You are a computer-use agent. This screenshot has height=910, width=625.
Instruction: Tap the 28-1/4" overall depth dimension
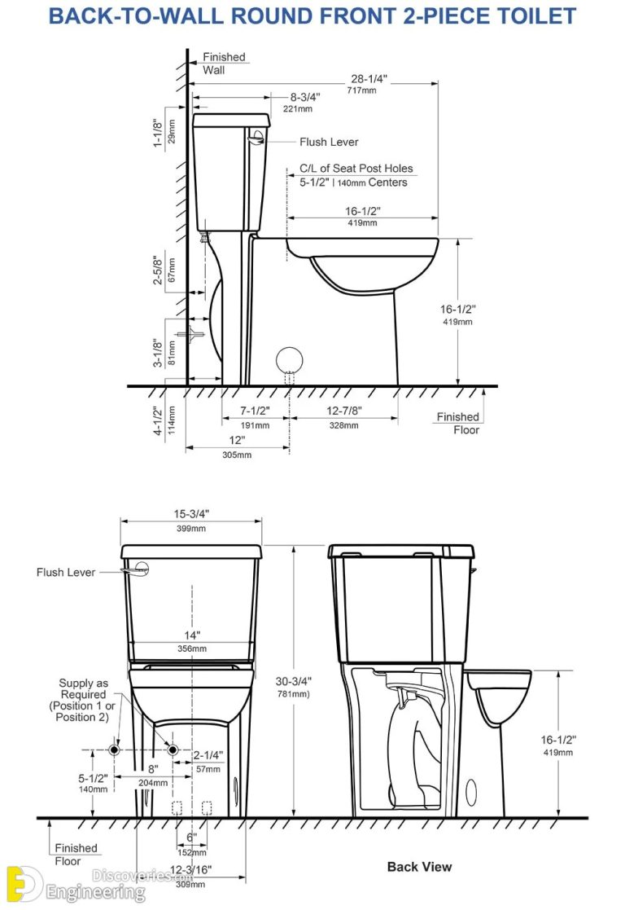(368, 79)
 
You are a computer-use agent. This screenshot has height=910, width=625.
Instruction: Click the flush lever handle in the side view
(258, 138)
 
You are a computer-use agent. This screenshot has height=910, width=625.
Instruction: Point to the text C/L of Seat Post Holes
(356, 169)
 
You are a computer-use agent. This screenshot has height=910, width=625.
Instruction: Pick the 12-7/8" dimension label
(343, 411)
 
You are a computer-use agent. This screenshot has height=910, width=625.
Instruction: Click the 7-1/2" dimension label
(255, 411)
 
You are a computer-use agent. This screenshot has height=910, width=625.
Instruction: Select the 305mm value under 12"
(237, 455)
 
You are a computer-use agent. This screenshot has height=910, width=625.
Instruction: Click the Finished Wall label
(224, 64)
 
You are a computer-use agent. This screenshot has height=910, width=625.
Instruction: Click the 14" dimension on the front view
(192, 635)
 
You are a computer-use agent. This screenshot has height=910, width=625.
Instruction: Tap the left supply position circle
(116, 749)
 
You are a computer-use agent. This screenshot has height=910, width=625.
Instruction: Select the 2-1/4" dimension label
(208, 755)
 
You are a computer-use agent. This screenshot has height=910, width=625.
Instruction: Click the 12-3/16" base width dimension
(192, 870)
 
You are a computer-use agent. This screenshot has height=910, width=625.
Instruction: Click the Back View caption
(419, 867)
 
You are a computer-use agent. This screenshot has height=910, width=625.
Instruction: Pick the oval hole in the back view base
(471, 791)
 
